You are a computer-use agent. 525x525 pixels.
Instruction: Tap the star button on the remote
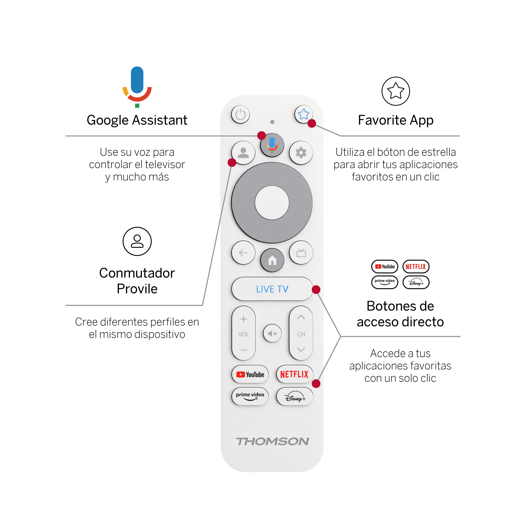click(x=304, y=114)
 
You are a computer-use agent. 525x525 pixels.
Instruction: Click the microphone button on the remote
click(x=272, y=145)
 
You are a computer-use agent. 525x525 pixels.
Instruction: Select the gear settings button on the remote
click(x=301, y=153)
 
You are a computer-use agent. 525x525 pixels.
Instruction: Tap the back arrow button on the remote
click(x=243, y=253)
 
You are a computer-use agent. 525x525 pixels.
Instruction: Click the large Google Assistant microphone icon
click(x=137, y=87)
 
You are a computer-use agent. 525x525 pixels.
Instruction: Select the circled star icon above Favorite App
click(x=396, y=91)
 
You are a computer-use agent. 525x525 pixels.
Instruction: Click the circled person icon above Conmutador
click(x=137, y=241)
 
